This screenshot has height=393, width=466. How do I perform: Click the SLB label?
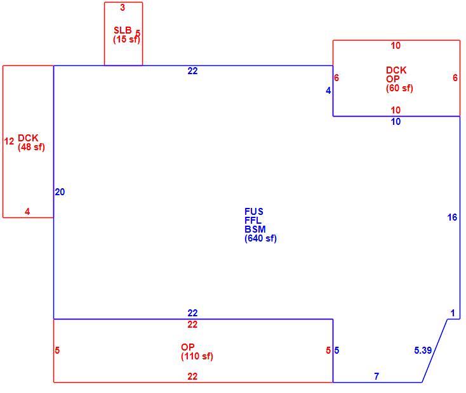click(123, 30)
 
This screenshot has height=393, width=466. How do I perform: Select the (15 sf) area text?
click(126, 39)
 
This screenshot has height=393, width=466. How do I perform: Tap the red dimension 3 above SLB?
click(123, 8)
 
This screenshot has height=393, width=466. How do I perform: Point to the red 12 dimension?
click(10, 141)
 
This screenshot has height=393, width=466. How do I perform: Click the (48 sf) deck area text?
click(31, 147)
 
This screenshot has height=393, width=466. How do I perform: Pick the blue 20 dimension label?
click(60, 192)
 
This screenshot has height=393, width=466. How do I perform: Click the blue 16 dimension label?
click(452, 217)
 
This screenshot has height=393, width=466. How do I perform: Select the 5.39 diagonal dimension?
click(423, 351)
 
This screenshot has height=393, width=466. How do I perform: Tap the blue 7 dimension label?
click(376, 376)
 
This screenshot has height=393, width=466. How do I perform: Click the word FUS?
click(254, 211)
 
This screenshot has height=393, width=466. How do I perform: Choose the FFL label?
click(253, 220)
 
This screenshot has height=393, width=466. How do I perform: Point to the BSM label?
click(255, 229)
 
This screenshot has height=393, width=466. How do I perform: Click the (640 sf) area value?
click(261, 238)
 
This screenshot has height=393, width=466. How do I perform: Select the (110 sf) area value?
click(197, 356)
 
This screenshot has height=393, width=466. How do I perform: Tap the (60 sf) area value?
click(399, 88)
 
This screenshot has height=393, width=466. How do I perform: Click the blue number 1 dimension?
click(453, 313)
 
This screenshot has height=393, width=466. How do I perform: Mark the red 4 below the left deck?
click(27, 211)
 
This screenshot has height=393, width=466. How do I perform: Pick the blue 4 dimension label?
click(328, 91)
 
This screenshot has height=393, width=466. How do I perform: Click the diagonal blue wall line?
click(434, 351)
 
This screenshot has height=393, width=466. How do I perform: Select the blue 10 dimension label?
click(396, 122)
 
